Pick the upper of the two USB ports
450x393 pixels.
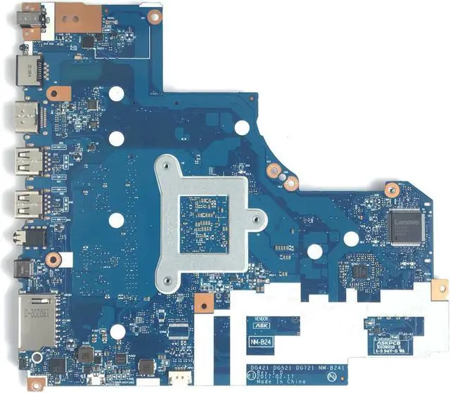click(27, 161)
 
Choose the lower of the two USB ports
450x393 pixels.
click(27, 204)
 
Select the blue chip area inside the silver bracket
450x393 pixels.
click(203, 214)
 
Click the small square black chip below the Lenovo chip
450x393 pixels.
click(360, 271)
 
